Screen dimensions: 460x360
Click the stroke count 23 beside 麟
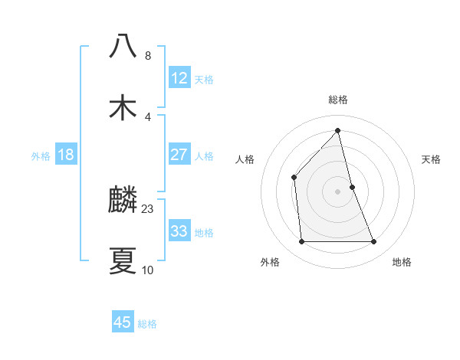(x=148, y=208)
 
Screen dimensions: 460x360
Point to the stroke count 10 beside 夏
(x=148, y=270)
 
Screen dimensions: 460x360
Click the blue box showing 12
(x=179, y=78)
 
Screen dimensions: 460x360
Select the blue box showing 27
(x=179, y=155)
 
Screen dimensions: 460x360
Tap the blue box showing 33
(x=179, y=231)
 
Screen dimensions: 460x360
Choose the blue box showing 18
(x=66, y=155)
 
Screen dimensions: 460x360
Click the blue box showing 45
(x=123, y=322)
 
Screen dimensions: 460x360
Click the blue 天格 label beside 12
(x=204, y=80)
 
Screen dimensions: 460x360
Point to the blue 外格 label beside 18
(x=41, y=156)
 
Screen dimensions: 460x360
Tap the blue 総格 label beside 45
(x=147, y=324)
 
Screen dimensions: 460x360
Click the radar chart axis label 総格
(x=337, y=100)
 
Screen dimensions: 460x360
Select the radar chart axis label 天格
(x=432, y=159)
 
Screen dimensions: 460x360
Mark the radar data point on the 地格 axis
(x=374, y=242)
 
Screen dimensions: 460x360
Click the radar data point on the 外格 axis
(x=301, y=242)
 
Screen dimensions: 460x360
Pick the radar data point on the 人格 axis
(x=294, y=177)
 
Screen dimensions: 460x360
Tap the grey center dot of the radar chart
(x=337, y=191)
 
